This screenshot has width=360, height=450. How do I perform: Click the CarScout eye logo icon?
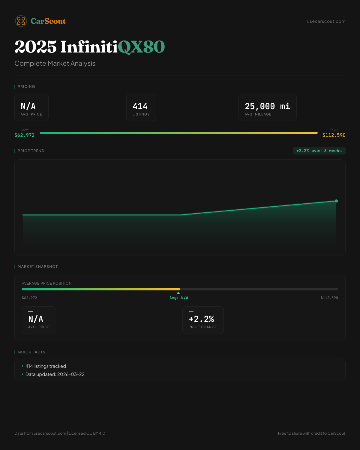tap(21, 21)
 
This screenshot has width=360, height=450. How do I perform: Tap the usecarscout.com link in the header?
tap(326, 21)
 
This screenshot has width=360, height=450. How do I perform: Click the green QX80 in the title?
tap(141, 47)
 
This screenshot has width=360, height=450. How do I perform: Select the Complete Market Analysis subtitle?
tap(55, 63)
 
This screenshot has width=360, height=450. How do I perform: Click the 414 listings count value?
tap(140, 106)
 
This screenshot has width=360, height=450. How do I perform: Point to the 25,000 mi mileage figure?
tap(267, 106)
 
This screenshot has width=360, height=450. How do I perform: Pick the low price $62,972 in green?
tap(25, 135)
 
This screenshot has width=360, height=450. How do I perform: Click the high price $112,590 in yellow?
tap(334, 135)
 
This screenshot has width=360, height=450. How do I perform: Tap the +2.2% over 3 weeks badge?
tap(319, 151)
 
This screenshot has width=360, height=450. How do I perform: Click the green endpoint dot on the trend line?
tap(336, 201)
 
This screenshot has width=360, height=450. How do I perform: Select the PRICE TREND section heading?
tap(31, 151)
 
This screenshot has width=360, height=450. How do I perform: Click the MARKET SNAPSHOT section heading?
tap(37, 267)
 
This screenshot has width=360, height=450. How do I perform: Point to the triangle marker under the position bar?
tap(178, 293)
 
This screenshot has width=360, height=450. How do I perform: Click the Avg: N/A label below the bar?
tap(179, 298)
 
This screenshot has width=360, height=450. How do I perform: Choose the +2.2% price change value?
tap(201, 319)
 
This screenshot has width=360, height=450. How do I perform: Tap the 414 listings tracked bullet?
tap(46, 366)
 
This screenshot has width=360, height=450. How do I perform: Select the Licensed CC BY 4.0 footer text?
tap(87, 433)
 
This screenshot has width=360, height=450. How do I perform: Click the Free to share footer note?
tap(311, 433)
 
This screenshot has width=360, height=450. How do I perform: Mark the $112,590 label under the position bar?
tap(329, 298)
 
